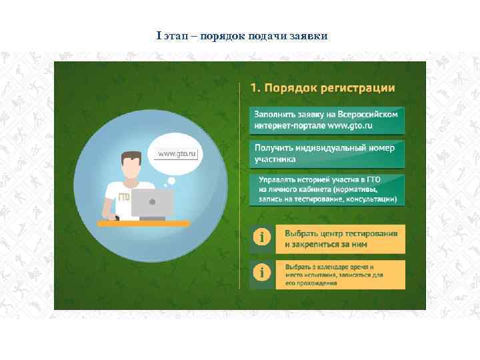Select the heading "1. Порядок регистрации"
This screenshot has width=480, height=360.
(322, 88)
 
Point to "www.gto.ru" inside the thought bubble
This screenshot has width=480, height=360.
(177, 154)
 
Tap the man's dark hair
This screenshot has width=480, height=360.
(131, 159)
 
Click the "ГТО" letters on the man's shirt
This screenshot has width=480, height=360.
(123, 197)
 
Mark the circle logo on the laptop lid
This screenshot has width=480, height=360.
(153, 201)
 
